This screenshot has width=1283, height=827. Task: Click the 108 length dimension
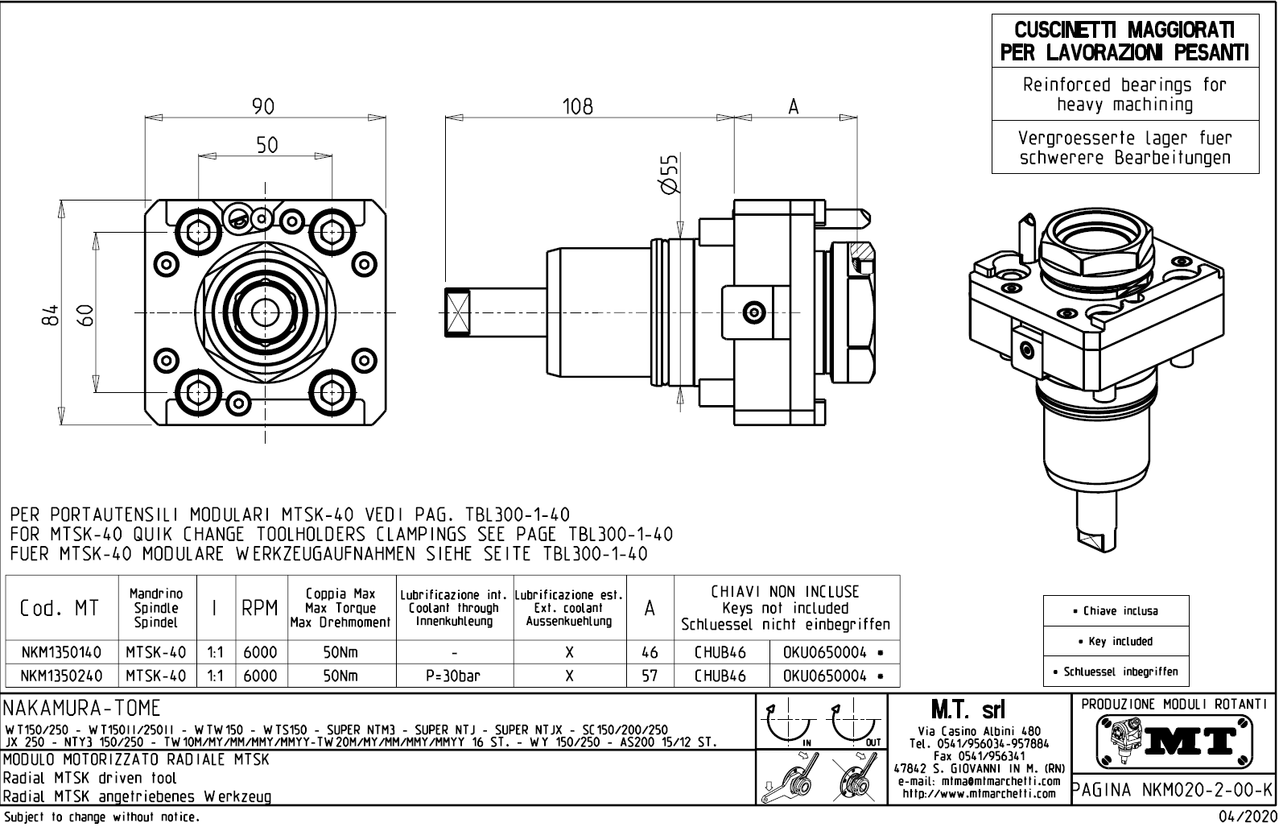[x=577, y=106]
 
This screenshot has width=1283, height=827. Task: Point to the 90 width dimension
[x=263, y=106]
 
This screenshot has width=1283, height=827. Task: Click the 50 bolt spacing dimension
[x=266, y=145]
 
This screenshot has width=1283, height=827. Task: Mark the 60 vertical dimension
[x=86, y=315]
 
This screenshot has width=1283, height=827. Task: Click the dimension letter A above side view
[x=794, y=106]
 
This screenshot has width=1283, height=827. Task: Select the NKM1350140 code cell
[x=61, y=652]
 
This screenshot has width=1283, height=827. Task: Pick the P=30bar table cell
[x=454, y=676]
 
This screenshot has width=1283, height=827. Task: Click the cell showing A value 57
[x=650, y=676]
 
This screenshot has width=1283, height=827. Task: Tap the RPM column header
[x=260, y=609]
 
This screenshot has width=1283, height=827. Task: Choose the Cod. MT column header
[x=61, y=609]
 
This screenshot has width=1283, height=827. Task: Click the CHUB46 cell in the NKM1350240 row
[x=720, y=676]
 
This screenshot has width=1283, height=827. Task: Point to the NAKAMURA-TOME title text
[x=82, y=709]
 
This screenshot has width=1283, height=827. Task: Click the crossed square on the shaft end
[x=458, y=311]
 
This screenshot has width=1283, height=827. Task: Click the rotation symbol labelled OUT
[x=856, y=725]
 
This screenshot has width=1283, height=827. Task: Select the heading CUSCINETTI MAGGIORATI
[x=1124, y=31]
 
